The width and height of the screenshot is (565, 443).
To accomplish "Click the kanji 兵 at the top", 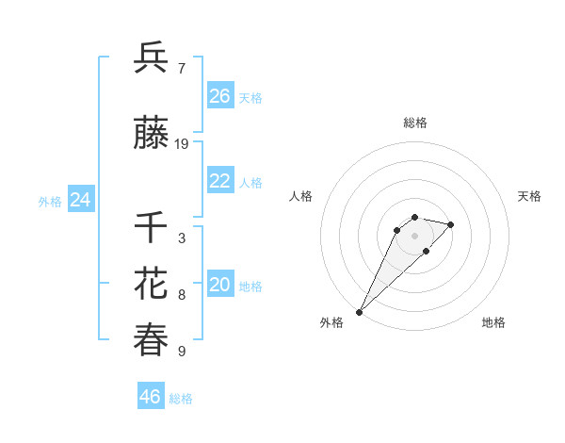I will click(x=152, y=58).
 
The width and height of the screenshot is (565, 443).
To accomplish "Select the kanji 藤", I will click(x=152, y=135).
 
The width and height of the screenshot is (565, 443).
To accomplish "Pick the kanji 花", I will click(x=152, y=284).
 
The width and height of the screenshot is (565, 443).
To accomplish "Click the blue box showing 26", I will click(x=220, y=95).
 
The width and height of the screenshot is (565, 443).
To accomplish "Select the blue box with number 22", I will click(x=220, y=181).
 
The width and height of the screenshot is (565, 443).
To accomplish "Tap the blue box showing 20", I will click(x=220, y=285).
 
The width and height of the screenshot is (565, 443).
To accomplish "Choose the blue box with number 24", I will click(x=81, y=200).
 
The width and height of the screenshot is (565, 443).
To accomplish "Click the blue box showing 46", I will click(x=151, y=397).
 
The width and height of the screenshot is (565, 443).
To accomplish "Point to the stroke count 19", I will click(x=182, y=144).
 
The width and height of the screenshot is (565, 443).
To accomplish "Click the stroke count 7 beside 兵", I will click(x=181, y=68).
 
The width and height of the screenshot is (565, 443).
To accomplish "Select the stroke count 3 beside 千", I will click(x=181, y=238).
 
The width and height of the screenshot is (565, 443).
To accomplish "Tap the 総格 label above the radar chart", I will click(x=414, y=123).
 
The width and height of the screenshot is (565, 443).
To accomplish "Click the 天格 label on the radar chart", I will click(x=529, y=196).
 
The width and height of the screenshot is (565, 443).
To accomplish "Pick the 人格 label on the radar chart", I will click(x=300, y=196).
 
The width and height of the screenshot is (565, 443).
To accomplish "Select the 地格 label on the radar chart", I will click(x=493, y=322).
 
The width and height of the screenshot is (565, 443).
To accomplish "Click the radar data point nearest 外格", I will click(x=360, y=311).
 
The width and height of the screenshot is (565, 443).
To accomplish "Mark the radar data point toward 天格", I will click(x=451, y=224).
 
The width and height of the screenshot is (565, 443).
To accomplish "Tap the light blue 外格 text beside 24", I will click(x=50, y=201).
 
